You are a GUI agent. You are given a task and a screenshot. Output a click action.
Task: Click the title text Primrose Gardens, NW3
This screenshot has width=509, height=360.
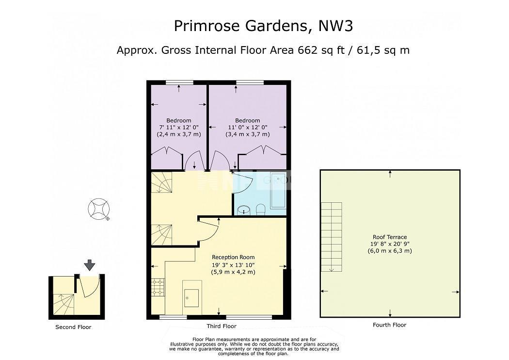coord(263,26)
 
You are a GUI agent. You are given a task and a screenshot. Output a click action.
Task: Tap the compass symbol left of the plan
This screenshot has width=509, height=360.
coord(99,210)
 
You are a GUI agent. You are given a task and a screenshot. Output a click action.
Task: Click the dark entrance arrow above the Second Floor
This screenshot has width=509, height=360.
coord(90,265)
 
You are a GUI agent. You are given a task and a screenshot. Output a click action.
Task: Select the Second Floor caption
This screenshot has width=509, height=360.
coord(73,327)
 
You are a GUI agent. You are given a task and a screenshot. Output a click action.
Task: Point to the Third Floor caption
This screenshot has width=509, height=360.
coord(222,326)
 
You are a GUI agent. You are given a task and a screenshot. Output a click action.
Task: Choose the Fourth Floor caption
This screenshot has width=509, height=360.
coord(390,325)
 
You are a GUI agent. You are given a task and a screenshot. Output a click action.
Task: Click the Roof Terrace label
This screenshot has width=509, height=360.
coord(390,237)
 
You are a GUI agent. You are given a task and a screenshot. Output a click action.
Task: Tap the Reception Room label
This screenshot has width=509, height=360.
coord(233,257)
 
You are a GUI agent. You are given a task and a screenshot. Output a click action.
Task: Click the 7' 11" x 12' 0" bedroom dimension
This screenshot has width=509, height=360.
coord(179,128)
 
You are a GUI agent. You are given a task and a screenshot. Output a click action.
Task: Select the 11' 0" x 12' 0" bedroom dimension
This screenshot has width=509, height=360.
coord(247,128)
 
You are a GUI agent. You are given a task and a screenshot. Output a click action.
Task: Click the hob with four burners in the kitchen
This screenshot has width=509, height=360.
coord(158,288)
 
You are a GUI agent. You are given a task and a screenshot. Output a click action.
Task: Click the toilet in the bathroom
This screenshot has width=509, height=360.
coord(261,210)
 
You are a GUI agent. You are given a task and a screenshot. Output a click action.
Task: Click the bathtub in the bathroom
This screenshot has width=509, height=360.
coord(278,191)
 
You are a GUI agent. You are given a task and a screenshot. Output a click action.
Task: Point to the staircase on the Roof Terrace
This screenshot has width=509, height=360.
coord(332,237)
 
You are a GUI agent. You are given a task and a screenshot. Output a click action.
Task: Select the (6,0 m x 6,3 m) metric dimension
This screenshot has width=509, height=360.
coord(390,251)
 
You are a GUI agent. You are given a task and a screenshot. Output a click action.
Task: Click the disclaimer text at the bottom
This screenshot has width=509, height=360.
coord(254,347)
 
